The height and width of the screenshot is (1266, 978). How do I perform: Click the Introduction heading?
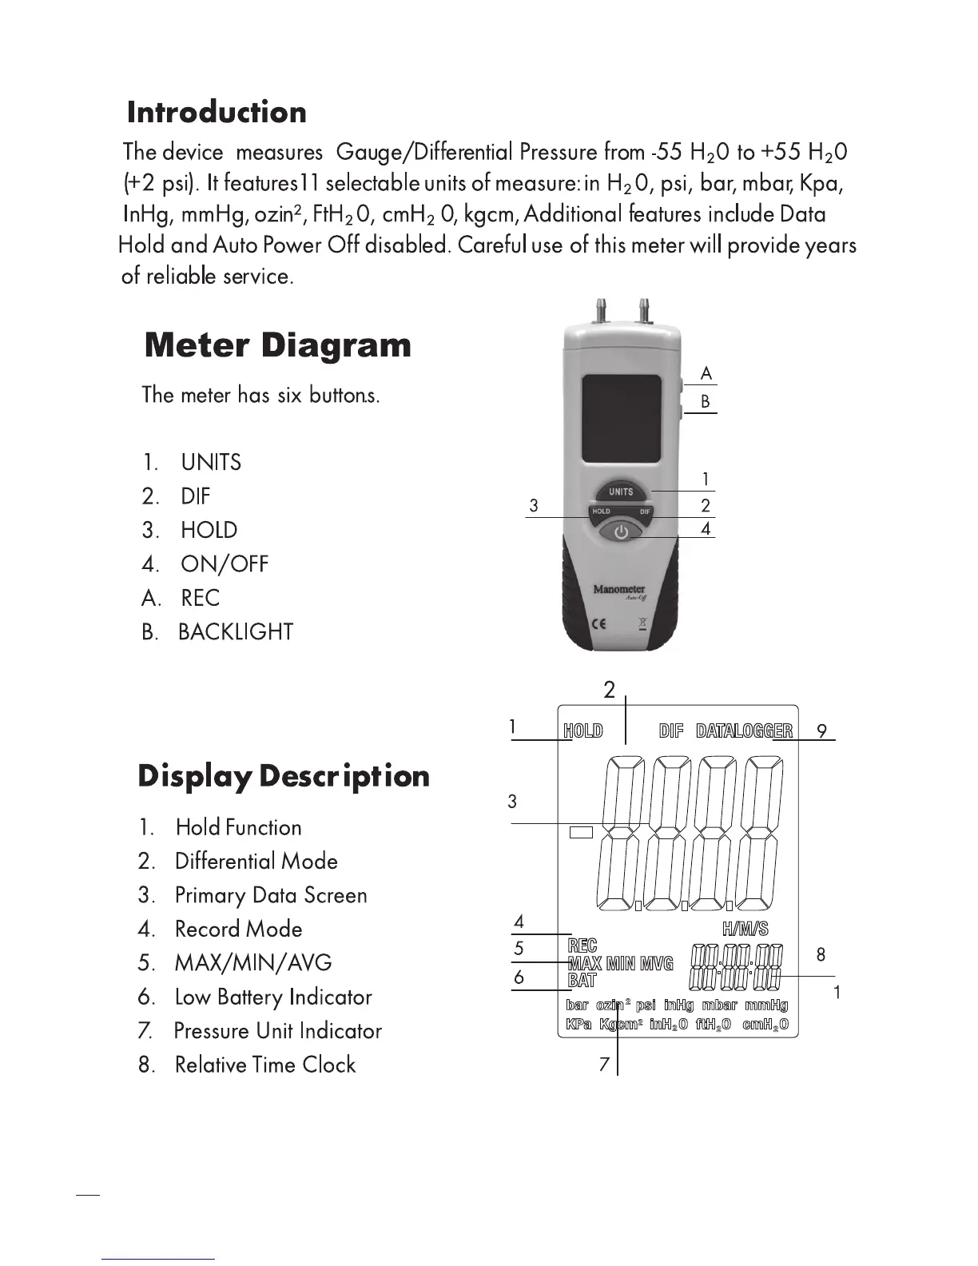(217, 113)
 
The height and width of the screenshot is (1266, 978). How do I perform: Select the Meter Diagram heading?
(278, 345)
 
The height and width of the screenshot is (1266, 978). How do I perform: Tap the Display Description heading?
(284, 776)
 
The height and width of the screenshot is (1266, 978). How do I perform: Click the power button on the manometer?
(621, 531)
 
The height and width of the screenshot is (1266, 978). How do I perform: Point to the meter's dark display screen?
(621, 418)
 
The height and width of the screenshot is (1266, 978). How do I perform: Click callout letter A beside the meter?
(706, 373)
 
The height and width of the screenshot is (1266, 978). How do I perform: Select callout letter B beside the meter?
(706, 401)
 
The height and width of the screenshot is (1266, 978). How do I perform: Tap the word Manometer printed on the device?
(618, 590)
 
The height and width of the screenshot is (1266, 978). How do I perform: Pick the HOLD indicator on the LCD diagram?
(583, 731)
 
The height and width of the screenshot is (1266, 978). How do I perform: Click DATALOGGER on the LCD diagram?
(745, 731)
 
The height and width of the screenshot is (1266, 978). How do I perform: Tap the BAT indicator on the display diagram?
(582, 980)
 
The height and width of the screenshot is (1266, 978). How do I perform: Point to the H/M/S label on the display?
(745, 929)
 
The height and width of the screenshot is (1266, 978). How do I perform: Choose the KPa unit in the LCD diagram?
(578, 1025)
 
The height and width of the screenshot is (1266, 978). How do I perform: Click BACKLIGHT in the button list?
(236, 632)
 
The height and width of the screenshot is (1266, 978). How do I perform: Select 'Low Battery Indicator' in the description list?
(273, 997)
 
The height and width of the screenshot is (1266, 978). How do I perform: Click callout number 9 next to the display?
(821, 731)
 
